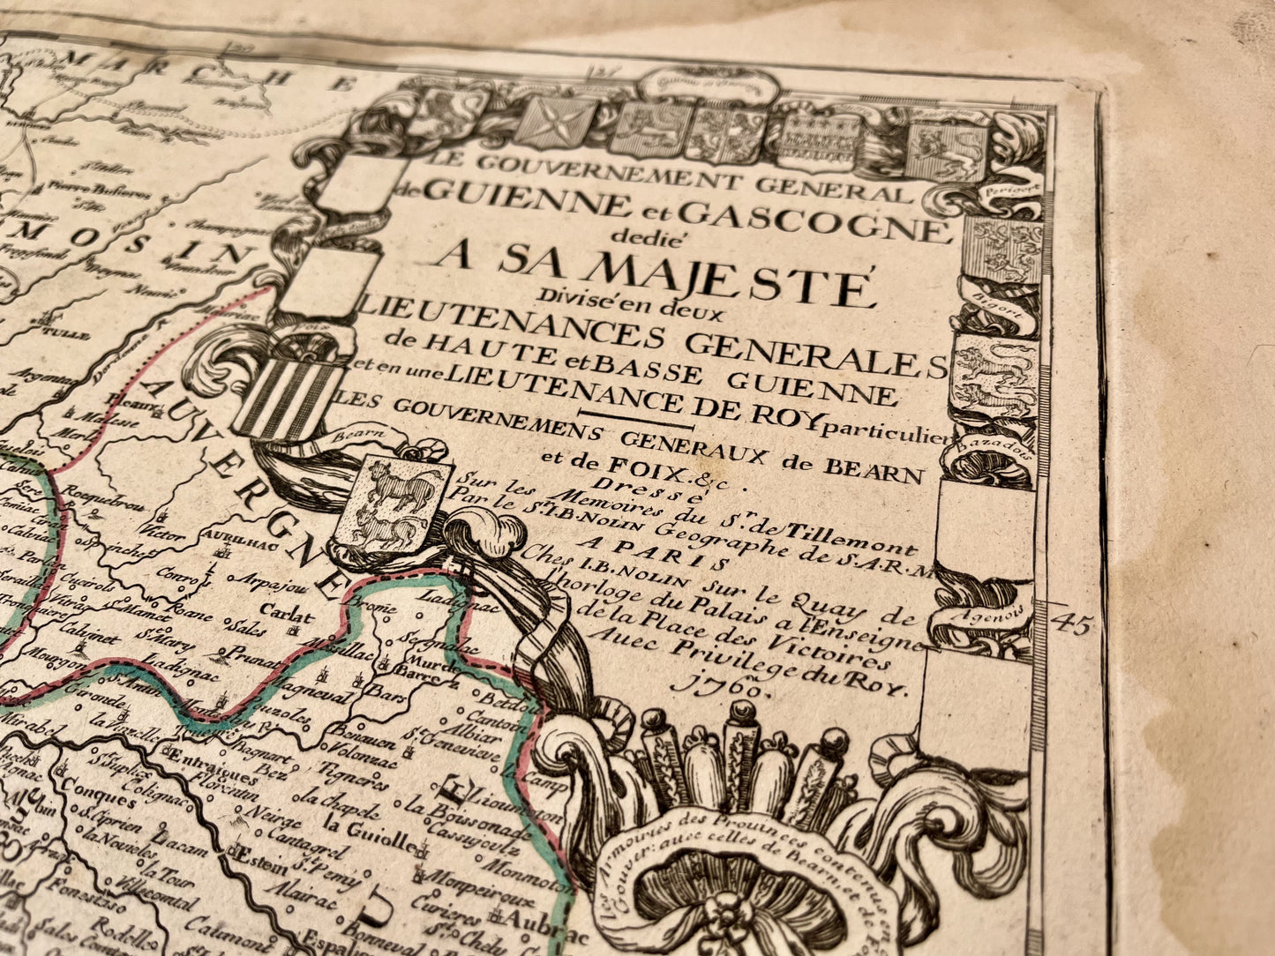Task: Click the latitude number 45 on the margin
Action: (1071, 624)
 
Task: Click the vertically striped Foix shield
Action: (290, 395)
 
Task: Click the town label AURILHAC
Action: (229, 537)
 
